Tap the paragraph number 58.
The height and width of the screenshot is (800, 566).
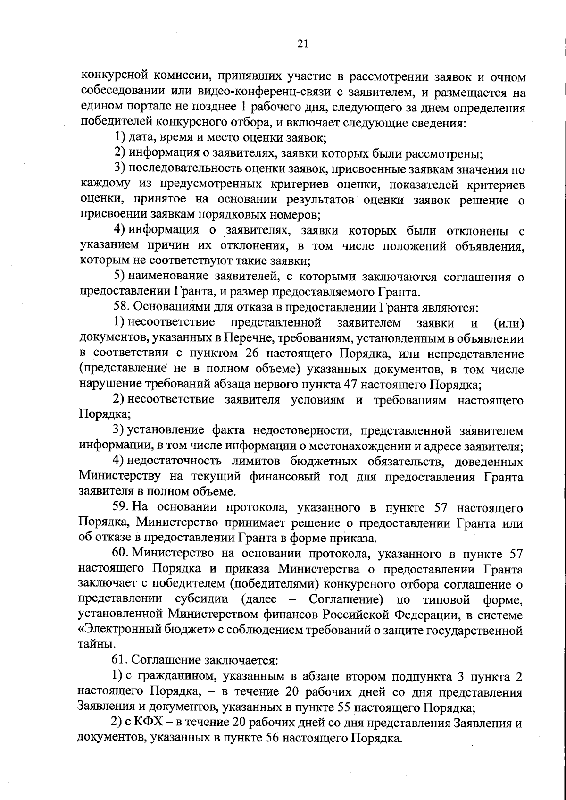coord(121,308)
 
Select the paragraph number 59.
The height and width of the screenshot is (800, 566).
coord(121,508)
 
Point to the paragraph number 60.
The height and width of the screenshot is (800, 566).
coord(121,553)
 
